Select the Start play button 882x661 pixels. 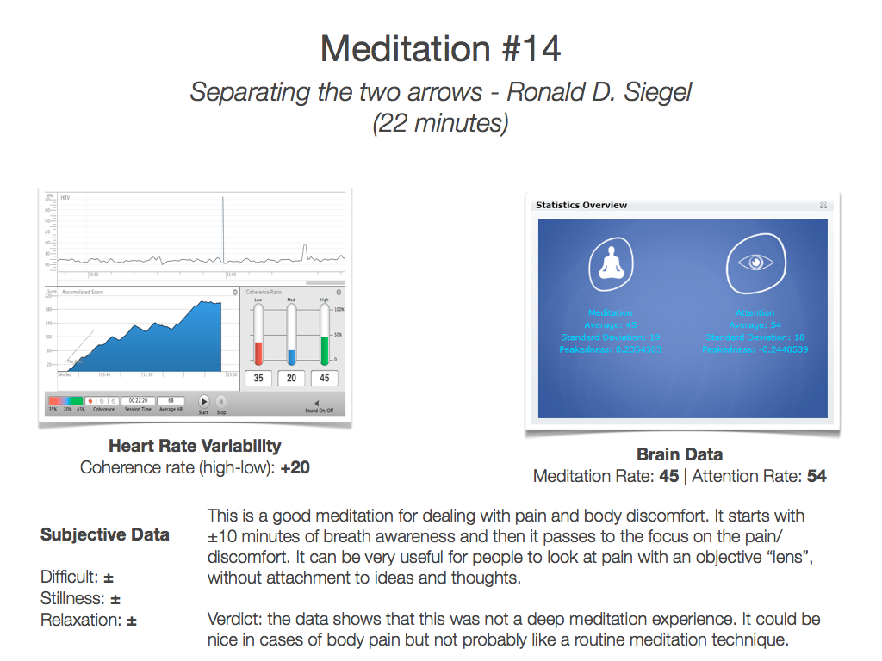click(204, 401)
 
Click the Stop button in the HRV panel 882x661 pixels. click(220, 401)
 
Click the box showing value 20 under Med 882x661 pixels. click(291, 378)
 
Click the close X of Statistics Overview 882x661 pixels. click(824, 205)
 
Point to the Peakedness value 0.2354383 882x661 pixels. click(637, 350)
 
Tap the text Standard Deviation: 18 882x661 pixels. click(755, 337)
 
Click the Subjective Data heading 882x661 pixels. click(105, 534)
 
